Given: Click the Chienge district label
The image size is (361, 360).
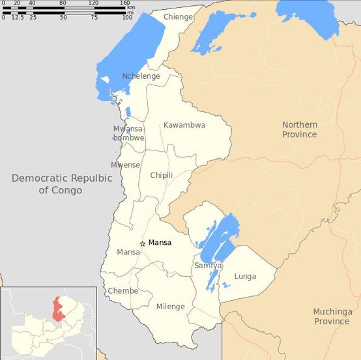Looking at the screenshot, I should point(178,17).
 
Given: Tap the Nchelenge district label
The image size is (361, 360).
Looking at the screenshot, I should point(141,76).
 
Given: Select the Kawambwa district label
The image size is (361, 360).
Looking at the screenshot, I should point(184,124).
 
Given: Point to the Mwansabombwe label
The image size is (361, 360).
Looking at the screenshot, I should point(128,133).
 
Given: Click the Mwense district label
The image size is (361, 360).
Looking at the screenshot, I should point(125,165).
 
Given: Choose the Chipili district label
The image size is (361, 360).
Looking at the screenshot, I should point(162,175).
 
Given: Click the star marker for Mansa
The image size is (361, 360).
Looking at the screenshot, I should point(143,243).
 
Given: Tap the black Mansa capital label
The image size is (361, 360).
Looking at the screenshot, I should point(160,243).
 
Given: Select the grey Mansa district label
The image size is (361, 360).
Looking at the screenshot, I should point(128,252).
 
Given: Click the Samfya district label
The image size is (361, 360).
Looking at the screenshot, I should point(208,266).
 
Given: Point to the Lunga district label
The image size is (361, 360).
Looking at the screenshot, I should point(245,276).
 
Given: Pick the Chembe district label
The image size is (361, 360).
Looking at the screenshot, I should point(123,291).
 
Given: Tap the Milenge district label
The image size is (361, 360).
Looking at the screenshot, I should point(171,307).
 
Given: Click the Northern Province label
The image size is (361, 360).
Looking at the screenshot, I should point(299,130).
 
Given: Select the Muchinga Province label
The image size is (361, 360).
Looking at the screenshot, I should point(332,316).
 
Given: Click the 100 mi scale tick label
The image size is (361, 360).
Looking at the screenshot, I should point(127,17).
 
